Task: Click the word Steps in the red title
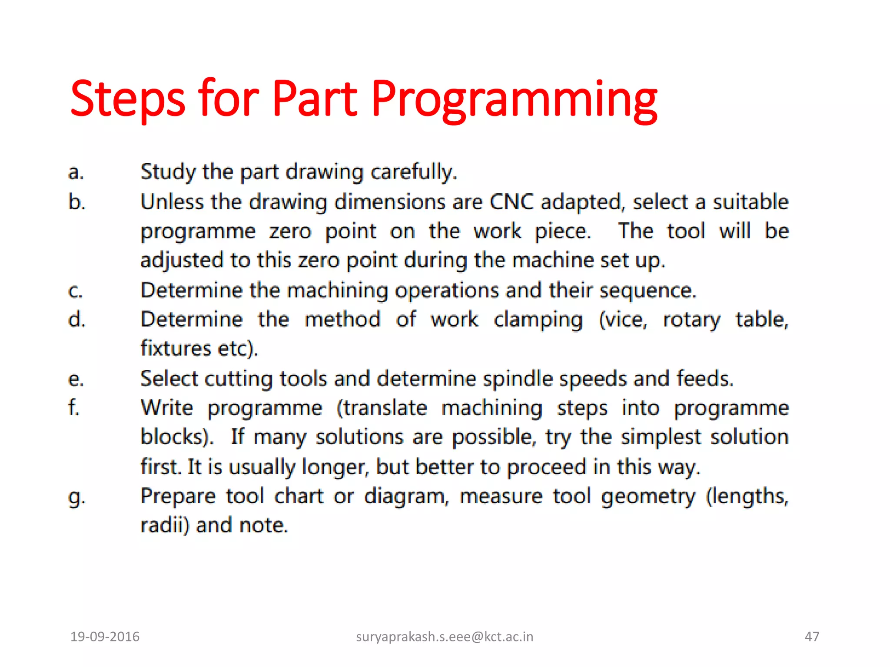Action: click(x=128, y=100)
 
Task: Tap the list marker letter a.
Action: click(x=76, y=172)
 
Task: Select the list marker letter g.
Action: click(x=76, y=498)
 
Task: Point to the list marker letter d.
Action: click(x=76, y=319)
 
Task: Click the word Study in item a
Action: click(x=168, y=172)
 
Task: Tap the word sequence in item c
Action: click(x=648, y=291)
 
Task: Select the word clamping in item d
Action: click(x=538, y=320)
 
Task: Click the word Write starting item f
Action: click(x=167, y=408)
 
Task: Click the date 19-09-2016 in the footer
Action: click(x=105, y=637)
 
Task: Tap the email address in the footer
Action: click(x=444, y=637)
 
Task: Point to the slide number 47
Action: click(x=812, y=637)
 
